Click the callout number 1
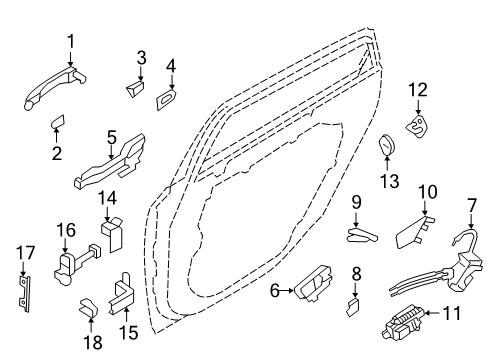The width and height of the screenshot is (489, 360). (70, 42)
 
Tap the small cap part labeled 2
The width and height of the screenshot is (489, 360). (58, 122)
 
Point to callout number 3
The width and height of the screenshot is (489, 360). (141, 58)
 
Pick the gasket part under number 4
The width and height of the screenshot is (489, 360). (166, 99)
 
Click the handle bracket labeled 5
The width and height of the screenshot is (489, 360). (110, 163)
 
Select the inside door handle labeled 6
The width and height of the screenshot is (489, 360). (313, 284)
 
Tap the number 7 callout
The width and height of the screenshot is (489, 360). (472, 206)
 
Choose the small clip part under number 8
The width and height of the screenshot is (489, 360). (352, 307)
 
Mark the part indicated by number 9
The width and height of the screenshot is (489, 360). (363, 235)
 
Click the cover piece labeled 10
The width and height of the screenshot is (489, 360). (415, 232)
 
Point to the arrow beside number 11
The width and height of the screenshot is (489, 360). (433, 313)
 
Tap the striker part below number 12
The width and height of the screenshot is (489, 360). (417, 126)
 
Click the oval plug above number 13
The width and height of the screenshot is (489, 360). (387, 144)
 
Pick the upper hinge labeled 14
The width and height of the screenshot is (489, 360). (112, 233)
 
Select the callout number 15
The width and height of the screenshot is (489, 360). (129, 332)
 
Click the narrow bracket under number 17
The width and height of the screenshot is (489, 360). (24, 294)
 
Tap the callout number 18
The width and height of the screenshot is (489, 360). (93, 342)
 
